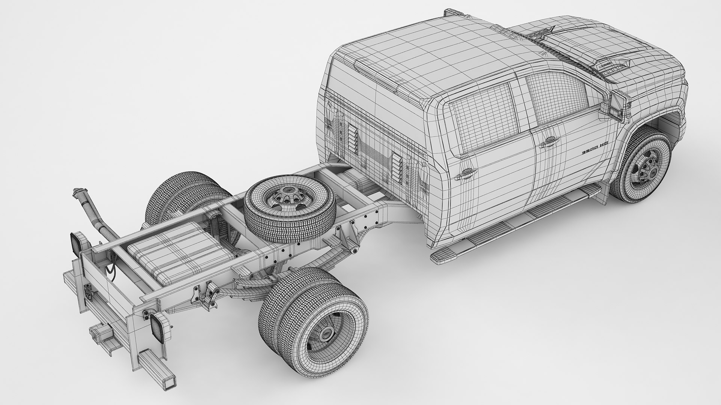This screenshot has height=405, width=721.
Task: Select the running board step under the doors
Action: coord(514,225)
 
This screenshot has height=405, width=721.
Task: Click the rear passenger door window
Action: coord(483,114)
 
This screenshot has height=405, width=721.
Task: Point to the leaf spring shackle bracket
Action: coord(205,292)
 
